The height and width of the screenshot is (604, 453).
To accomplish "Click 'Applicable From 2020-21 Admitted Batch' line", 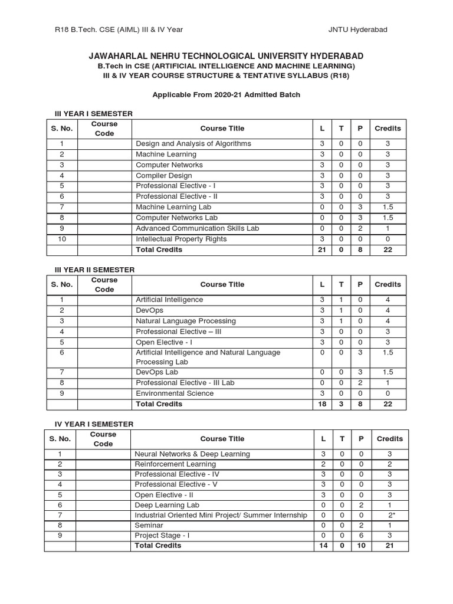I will click(x=226, y=94).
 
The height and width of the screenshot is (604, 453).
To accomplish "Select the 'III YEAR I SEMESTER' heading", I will click(x=94, y=113).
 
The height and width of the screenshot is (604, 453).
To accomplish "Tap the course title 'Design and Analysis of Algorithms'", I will click(x=193, y=144).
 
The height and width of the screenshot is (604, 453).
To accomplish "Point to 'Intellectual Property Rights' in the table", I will click(x=181, y=239).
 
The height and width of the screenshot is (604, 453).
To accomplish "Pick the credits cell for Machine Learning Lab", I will click(x=388, y=208).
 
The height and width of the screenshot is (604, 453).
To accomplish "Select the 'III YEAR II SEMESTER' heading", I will click(x=95, y=270).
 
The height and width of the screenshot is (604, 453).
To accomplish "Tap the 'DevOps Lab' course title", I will click(x=157, y=372).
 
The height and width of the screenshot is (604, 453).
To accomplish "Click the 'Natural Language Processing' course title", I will click(x=186, y=321).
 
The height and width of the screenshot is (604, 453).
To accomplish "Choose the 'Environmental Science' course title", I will click(x=175, y=393).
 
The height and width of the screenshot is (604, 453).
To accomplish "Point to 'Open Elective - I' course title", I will click(x=165, y=342).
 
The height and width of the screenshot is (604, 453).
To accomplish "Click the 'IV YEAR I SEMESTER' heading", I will click(x=94, y=424).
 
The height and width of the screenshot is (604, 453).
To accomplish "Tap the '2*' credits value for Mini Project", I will click(x=389, y=516).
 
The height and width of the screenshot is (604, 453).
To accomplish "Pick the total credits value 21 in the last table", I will click(x=389, y=546).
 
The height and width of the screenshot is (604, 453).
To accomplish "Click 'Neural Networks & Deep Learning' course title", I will click(x=192, y=454).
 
